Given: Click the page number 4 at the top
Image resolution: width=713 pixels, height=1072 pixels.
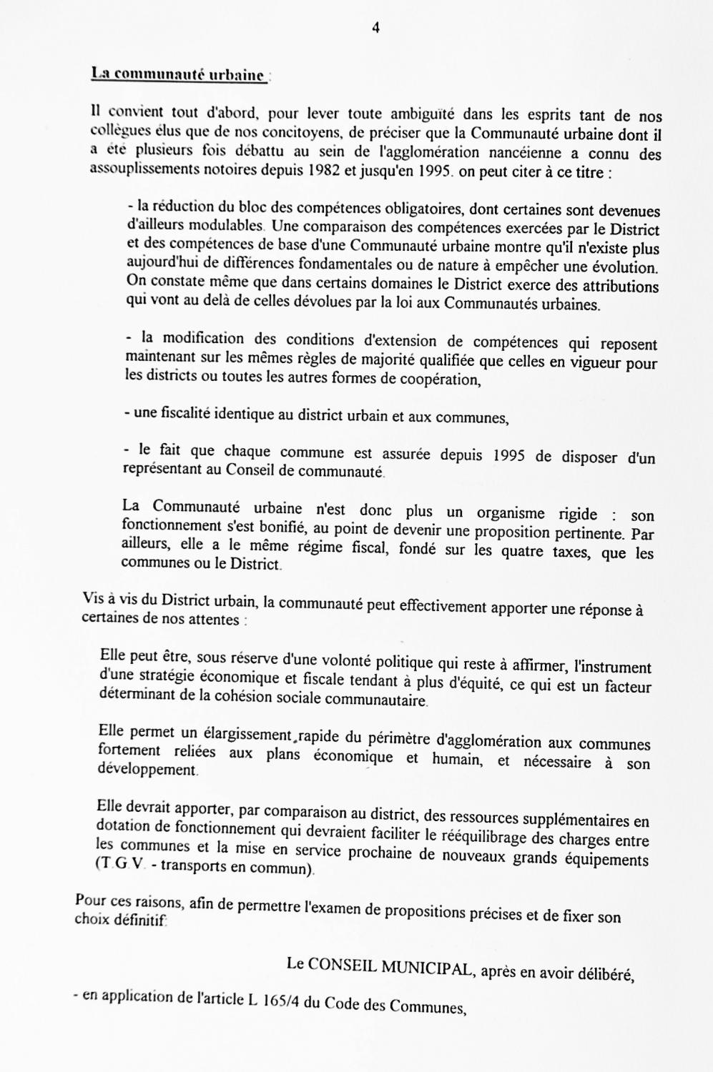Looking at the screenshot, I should click(375, 28).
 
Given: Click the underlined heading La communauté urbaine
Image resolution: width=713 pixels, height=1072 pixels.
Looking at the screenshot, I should click(178, 75).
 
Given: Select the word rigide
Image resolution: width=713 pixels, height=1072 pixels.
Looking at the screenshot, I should click(576, 514).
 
